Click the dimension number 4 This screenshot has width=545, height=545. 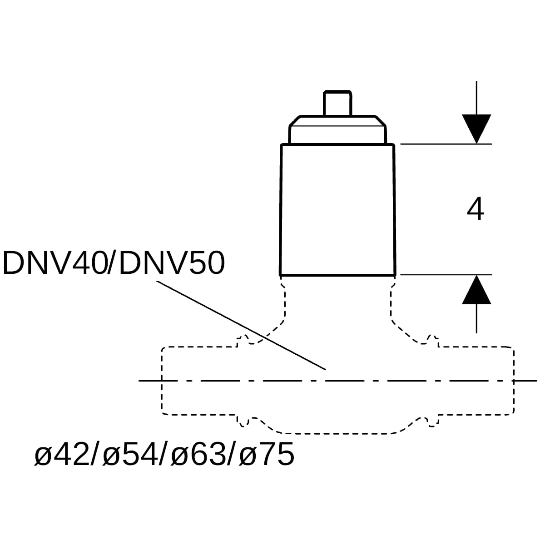coord(475,209)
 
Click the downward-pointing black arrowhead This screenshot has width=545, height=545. coord(476,129)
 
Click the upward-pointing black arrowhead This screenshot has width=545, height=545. coord(476,289)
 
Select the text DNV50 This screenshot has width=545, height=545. coord(172,263)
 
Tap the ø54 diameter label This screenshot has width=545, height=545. coord(130,455)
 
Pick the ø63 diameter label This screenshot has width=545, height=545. coord(198,455)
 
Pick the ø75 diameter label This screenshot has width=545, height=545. coord(267,455)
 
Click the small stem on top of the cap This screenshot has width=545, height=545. coord(338,103)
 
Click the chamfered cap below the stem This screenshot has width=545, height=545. coord(338,130)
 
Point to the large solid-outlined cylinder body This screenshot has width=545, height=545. coord(338,209)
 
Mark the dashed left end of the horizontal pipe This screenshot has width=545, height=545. coord(162,381)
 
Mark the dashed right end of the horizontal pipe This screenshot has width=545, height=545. coord(514,381)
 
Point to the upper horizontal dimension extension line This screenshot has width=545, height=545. coord(446,144)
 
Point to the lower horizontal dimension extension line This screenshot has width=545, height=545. coord(446,274)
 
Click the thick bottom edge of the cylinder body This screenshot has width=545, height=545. coord(338,275)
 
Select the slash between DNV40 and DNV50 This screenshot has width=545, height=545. coord(113,263)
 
